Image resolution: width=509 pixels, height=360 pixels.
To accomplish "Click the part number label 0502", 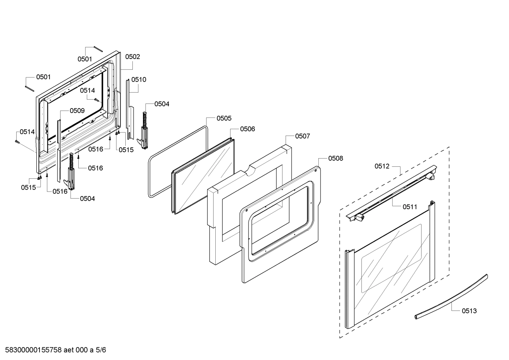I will pos(132,57).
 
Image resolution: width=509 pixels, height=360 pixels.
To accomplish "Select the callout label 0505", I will pos(224,118).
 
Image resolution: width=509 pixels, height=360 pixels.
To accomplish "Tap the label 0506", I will pos(247,129).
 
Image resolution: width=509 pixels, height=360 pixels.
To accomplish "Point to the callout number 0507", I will pos(303,136).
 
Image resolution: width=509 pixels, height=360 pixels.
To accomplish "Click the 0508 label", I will pos(335,158).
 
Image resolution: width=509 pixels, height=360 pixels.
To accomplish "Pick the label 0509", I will pos(77,111).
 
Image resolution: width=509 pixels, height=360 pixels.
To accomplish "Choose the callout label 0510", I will pos(139,79).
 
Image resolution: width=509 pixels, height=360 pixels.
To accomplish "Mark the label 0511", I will pos(410,207).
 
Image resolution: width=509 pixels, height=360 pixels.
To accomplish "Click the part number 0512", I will pos(382,166).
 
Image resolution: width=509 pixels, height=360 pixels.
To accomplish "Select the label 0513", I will pos(469,311).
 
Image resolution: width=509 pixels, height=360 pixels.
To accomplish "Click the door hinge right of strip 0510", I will pos(145,131).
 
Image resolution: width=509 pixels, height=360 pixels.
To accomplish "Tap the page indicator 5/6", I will pos(101,350).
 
